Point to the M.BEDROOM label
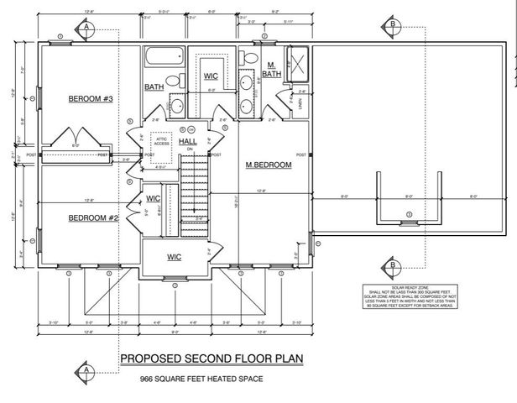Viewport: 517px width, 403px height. coord(268,165)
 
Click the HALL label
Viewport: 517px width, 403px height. coord(188,141)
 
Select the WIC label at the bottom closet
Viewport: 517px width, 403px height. coord(175,256)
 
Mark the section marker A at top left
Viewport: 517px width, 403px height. coord(86,27)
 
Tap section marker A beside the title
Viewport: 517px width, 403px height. coord(86,369)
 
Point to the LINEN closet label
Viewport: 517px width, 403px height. coord(299,102)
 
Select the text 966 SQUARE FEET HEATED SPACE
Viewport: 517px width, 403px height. coord(201,379)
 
